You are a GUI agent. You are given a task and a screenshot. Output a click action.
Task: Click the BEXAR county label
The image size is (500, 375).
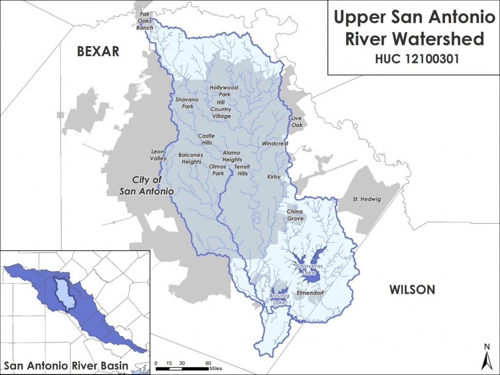98,51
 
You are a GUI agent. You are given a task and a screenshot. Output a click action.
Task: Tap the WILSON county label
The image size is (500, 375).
412,290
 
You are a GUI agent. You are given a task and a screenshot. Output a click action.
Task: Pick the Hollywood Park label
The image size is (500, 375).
224,91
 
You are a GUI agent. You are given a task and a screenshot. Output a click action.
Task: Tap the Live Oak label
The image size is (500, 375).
297,122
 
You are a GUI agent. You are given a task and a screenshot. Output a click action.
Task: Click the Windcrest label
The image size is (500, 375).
275,144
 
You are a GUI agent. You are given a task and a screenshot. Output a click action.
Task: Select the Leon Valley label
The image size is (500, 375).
158,155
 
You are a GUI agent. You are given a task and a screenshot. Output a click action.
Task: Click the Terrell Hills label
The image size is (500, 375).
241,170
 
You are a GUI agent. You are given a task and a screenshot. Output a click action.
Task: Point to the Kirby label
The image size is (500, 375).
273,177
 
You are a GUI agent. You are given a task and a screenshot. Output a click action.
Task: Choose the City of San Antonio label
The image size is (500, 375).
147,186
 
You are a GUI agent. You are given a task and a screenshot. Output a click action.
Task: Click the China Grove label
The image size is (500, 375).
295,215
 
